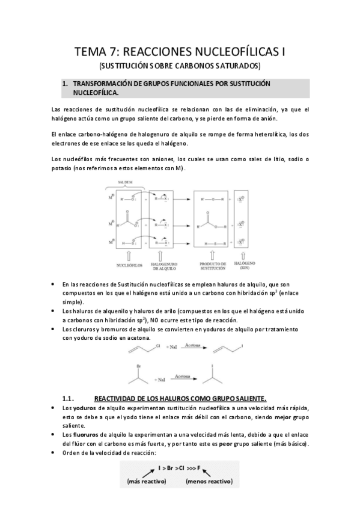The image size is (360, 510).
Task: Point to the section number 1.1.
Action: [67, 399]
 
